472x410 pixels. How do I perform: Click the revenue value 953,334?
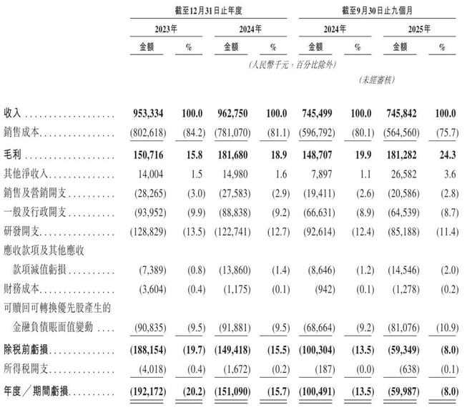pos(153,114)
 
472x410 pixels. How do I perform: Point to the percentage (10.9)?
pos(444,328)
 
